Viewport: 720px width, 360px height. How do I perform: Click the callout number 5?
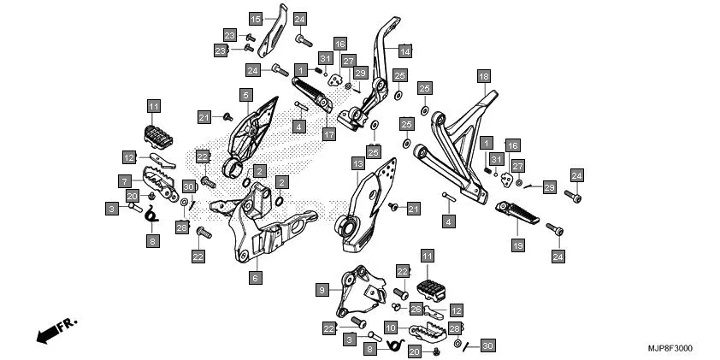pos(245,95)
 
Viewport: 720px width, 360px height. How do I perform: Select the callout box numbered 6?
pos(255,277)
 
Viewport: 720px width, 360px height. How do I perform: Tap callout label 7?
pos(124,181)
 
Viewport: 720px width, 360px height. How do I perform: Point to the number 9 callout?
pos(322,291)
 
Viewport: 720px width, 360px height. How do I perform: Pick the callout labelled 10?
pos(391,328)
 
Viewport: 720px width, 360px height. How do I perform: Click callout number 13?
pos(357,162)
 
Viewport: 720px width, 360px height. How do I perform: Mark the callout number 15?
pos(256,18)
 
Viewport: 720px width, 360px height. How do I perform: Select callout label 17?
pos(329,134)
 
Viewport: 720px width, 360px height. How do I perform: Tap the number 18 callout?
pos(484,76)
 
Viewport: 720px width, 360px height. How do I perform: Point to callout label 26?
pos(416,308)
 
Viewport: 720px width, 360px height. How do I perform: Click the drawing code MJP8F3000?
pos(670,349)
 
